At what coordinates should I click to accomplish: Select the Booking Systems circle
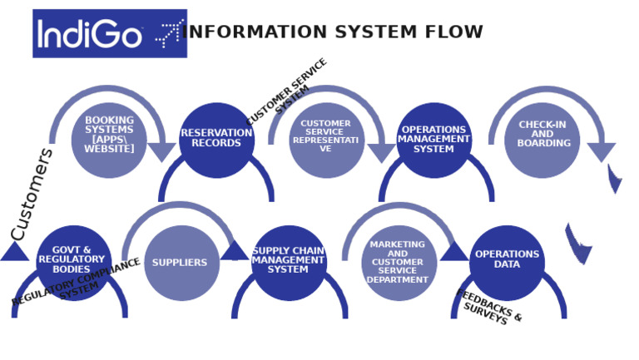(109, 139)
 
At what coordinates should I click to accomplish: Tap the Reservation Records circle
(216, 139)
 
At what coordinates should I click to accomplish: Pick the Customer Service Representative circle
(326, 139)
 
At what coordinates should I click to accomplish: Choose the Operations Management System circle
(433, 139)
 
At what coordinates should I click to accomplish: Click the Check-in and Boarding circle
(542, 139)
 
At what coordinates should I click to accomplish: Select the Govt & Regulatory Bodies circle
(73, 261)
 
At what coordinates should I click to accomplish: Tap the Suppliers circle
(181, 263)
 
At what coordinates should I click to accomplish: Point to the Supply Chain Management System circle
(289, 261)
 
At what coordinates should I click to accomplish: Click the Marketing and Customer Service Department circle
(399, 263)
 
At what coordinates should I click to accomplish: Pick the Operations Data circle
(507, 261)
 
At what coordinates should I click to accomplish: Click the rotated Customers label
(32, 194)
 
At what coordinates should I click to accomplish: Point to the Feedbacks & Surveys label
(489, 308)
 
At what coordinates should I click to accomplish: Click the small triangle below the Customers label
(14, 253)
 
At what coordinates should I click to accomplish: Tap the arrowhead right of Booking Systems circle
(162, 152)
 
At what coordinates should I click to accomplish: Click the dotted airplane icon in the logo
(169, 33)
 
